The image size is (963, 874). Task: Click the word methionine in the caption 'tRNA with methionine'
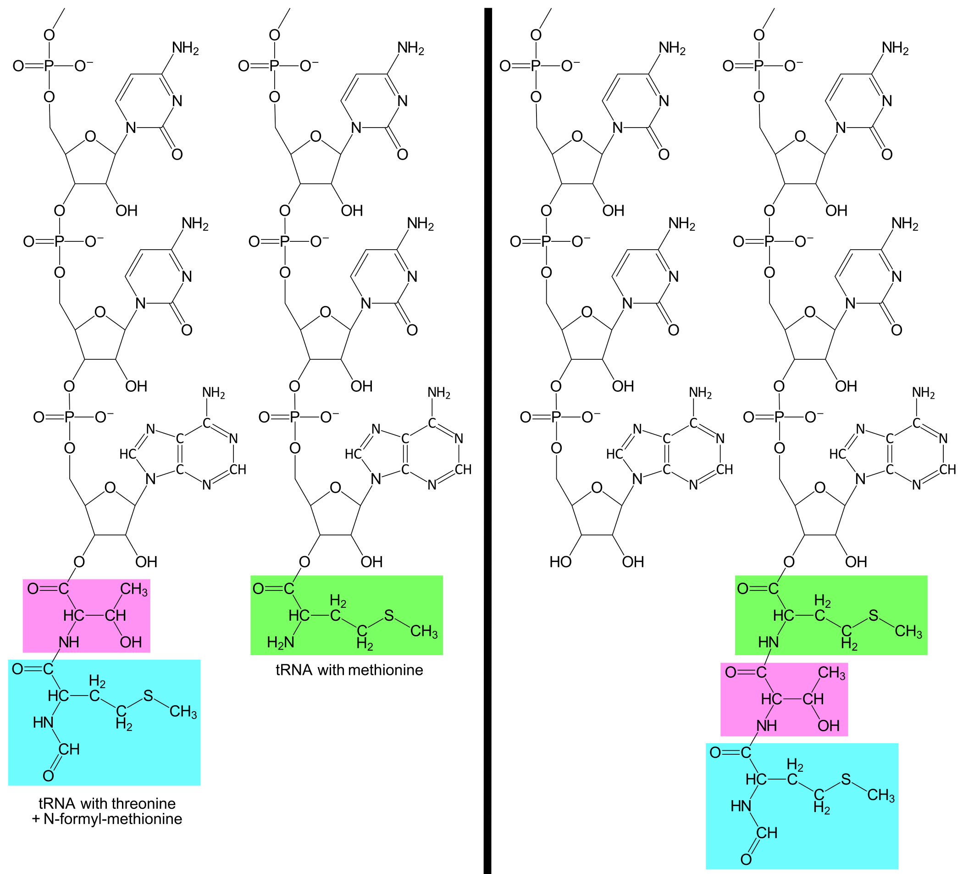(x=386, y=670)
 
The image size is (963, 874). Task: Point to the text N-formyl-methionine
(x=113, y=819)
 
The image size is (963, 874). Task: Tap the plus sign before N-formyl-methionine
(x=36, y=819)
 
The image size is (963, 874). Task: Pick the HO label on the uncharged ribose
(x=560, y=562)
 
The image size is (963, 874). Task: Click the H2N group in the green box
(x=280, y=643)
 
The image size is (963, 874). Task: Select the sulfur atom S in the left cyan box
(x=149, y=696)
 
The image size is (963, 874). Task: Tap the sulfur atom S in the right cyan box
(x=846, y=779)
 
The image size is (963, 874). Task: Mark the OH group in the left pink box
(x=130, y=642)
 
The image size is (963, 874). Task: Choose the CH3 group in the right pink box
(x=832, y=673)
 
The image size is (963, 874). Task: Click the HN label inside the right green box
(x=768, y=643)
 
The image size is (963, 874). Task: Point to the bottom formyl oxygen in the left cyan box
(x=48, y=776)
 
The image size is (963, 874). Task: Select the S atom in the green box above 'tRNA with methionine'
(x=389, y=616)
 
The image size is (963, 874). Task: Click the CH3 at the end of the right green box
(x=908, y=631)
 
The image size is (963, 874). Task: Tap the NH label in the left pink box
(x=69, y=642)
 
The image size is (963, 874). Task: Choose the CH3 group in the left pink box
(x=134, y=589)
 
